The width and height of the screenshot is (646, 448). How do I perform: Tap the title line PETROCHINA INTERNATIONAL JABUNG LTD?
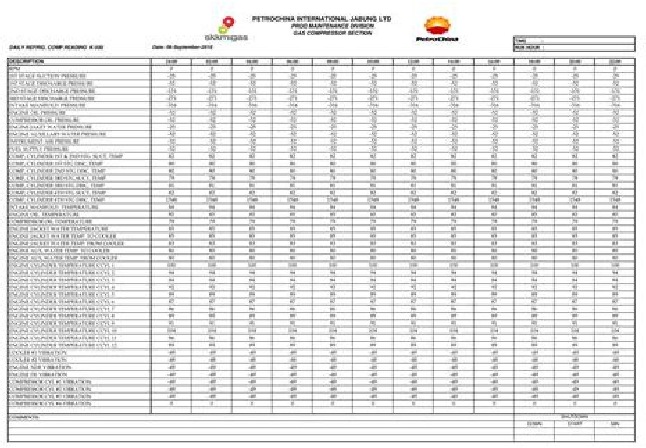(x=321, y=19)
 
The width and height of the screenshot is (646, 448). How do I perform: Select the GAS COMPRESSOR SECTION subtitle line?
(x=332, y=33)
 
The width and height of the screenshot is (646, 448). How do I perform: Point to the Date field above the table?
(x=181, y=47)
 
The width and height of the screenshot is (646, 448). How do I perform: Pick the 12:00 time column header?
(x=413, y=62)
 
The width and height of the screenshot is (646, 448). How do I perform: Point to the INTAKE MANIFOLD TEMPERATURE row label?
(x=53, y=207)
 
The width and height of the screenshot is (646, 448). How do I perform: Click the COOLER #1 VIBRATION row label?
(x=37, y=353)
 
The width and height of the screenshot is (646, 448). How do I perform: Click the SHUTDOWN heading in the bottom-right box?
(x=574, y=416)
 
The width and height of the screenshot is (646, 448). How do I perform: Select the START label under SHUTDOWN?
(x=574, y=424)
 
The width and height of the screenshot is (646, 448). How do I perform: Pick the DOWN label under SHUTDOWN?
(x=534, y=424)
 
